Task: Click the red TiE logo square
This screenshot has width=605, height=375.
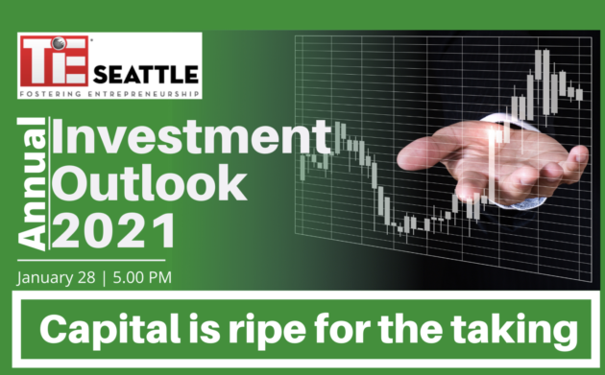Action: click(55, 60)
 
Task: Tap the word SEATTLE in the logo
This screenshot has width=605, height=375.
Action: click(146, 75)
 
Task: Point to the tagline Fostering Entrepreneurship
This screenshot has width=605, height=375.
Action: click(109, 94)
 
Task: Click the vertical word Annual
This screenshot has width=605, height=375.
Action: click(32, 184)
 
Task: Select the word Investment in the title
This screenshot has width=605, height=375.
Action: click(191, 137)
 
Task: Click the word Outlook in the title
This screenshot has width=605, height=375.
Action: click(149, 182)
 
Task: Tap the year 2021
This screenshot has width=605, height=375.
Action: click(113, 230)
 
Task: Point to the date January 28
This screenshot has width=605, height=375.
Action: click(56, 278)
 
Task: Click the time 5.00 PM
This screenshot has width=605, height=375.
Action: click(142, 277)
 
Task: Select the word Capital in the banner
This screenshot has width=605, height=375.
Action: click(110, 330)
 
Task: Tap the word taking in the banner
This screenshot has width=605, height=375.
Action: click(515, 331)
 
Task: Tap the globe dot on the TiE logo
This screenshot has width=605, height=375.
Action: click(59, 43)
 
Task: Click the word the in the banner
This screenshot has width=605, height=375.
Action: click(410, 329)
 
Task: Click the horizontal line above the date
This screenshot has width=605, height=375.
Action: click(91, 261)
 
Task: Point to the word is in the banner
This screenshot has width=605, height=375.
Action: click(205, 329)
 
